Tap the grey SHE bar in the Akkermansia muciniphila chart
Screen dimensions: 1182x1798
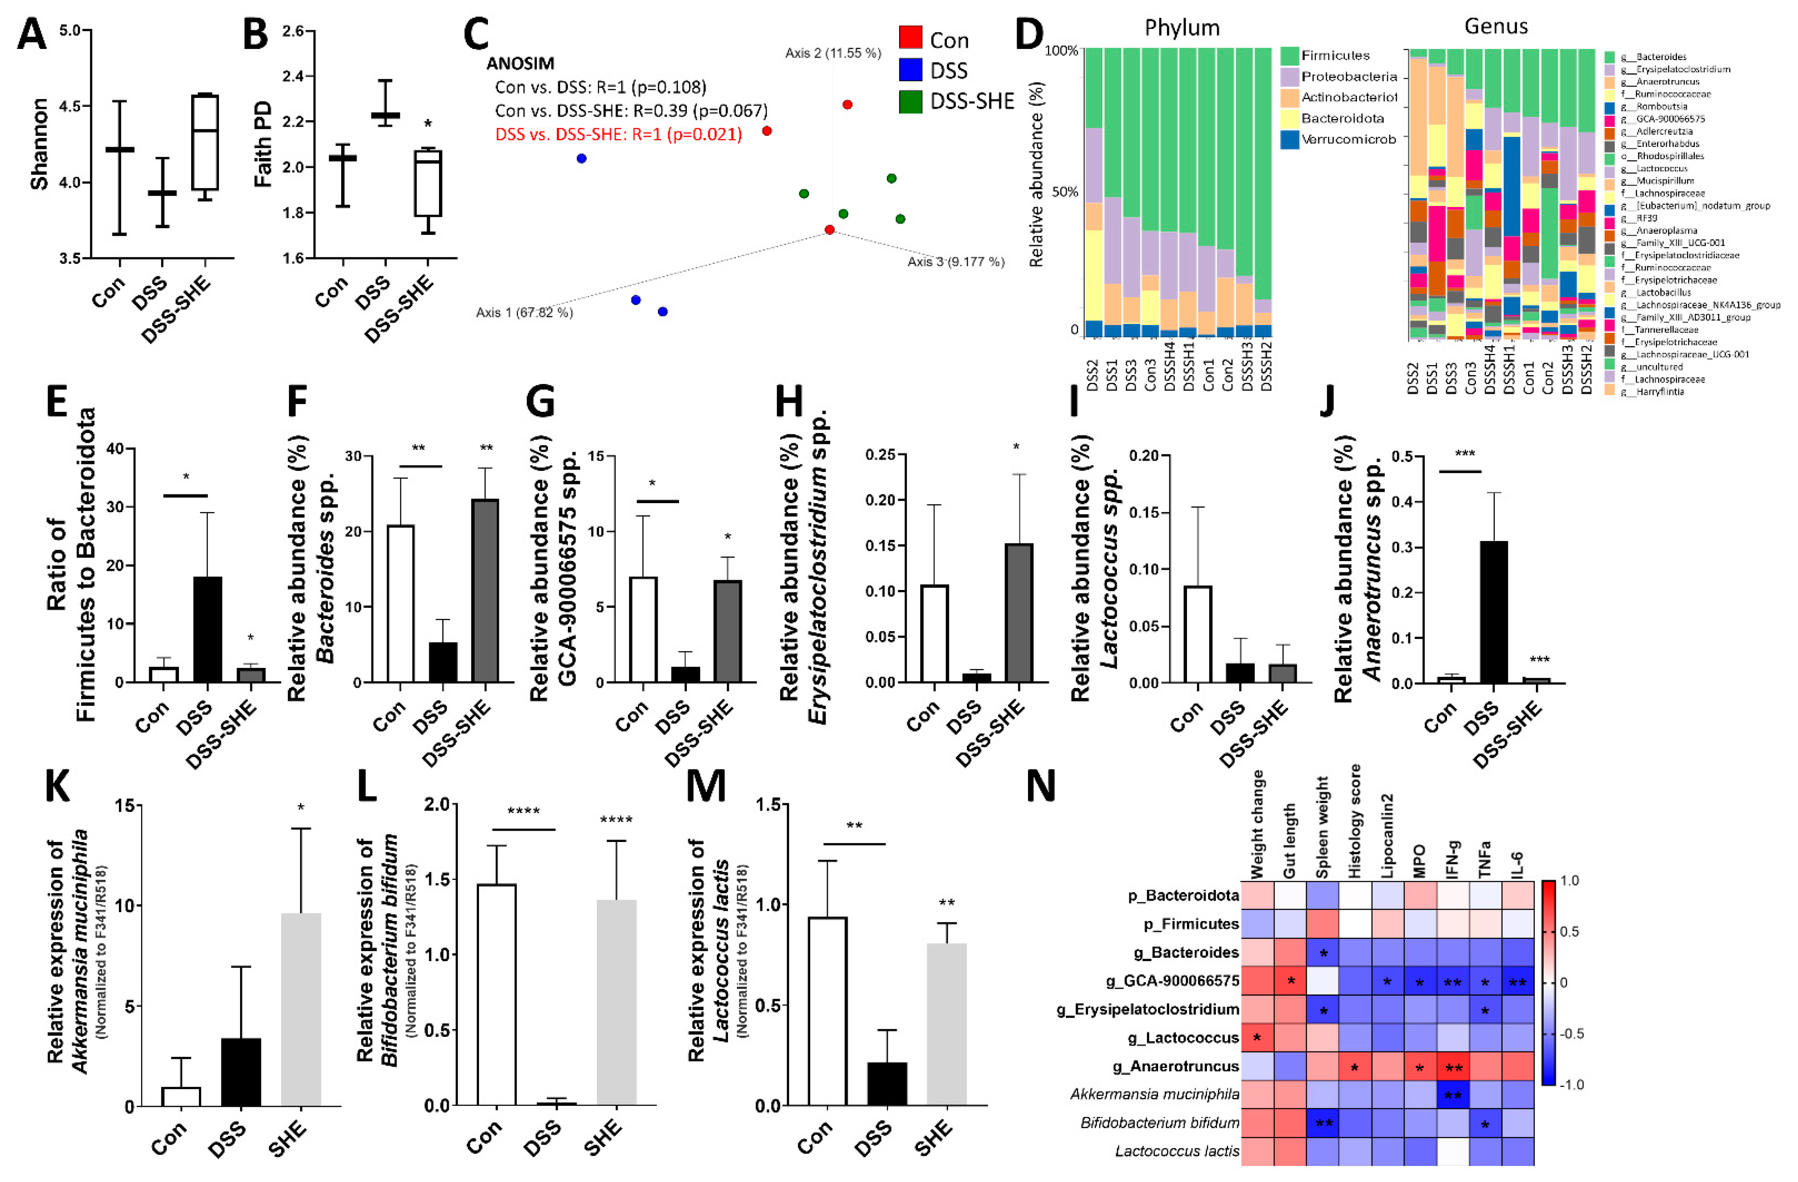(301, 1009)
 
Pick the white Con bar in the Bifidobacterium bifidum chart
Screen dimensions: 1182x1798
(496, 994)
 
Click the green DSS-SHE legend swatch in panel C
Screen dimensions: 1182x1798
(910, 101)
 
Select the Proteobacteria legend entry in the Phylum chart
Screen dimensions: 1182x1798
(1348, 76)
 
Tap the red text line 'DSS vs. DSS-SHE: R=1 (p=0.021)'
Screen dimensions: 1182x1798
(618, 135)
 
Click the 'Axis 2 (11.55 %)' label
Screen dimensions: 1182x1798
(832, 53)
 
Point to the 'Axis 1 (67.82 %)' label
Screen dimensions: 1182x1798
(524, 312)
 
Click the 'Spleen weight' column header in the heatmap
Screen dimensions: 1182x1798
(1322, 828)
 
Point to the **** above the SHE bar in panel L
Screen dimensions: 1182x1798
(616, 820)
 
